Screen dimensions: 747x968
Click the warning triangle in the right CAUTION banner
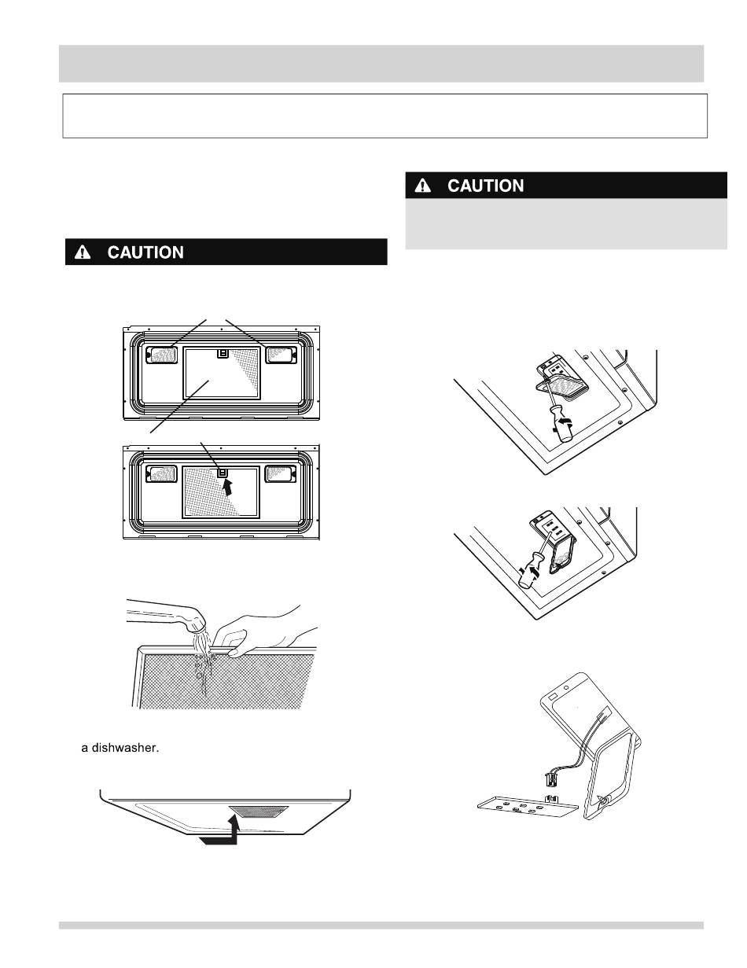point(424,186)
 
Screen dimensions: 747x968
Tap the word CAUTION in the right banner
point(485,186)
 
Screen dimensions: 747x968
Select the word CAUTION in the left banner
point(145,252)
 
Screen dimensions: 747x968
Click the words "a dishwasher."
point(120,748)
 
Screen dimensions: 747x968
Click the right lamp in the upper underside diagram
point(280,355)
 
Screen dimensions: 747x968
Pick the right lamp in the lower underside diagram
point(279,474)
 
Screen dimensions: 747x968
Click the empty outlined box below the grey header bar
point(385,116)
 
